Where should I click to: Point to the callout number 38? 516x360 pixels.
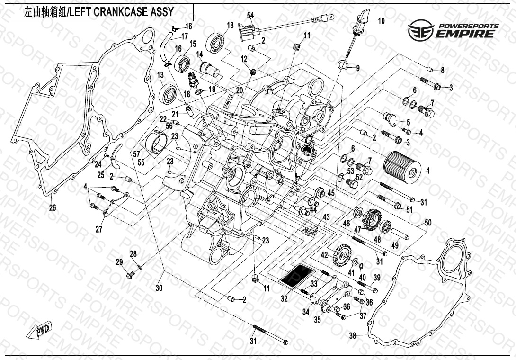(x=352, y=336)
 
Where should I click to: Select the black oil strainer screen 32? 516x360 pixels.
(x=297, y=276)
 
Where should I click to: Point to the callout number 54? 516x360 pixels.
(x=250, y=16)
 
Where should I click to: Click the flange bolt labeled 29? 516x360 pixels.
(x=129, y=273)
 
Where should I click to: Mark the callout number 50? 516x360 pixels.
(x=428, y=222)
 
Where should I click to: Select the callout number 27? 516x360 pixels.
(x=98, y=230)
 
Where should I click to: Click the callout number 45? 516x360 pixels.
(x=330, y=193)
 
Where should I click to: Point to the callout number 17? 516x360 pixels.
(x=184, y=36)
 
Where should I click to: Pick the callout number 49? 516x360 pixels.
(x=394, y=245)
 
